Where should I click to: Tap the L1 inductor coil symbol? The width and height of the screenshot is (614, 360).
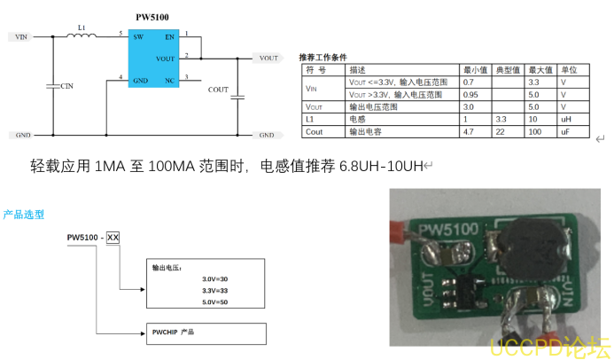pos(82,37)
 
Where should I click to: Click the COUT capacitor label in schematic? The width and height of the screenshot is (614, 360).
pos(218,90)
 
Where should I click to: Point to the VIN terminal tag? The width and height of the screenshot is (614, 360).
pos(20,37)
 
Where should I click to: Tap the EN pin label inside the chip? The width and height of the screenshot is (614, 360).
pos(168,38)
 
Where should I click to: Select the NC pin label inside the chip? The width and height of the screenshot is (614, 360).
pos(168,81)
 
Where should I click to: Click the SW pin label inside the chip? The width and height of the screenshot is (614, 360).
pos(138,38)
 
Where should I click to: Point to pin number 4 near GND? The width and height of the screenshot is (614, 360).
pos(120,78)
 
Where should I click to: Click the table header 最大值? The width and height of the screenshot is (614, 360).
pos(540,68)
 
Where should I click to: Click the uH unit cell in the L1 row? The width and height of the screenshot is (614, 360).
pos(564,119)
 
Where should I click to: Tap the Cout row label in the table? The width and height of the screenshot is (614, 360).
pos(314,131)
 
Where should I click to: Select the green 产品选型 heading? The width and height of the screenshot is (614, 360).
pos(24,215)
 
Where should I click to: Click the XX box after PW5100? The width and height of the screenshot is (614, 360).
pos(113,238)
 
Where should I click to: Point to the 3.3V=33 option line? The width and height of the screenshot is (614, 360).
pos(214,290)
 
